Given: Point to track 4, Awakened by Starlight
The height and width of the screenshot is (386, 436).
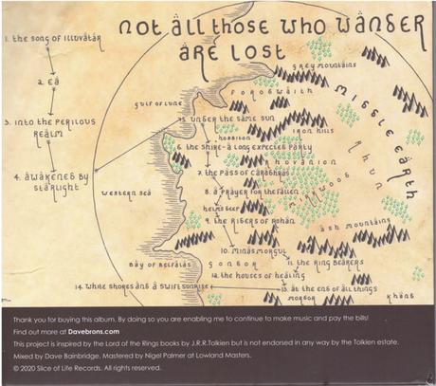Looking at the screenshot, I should coord(51,181).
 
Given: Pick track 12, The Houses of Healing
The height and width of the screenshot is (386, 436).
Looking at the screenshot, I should coord(251,274).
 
